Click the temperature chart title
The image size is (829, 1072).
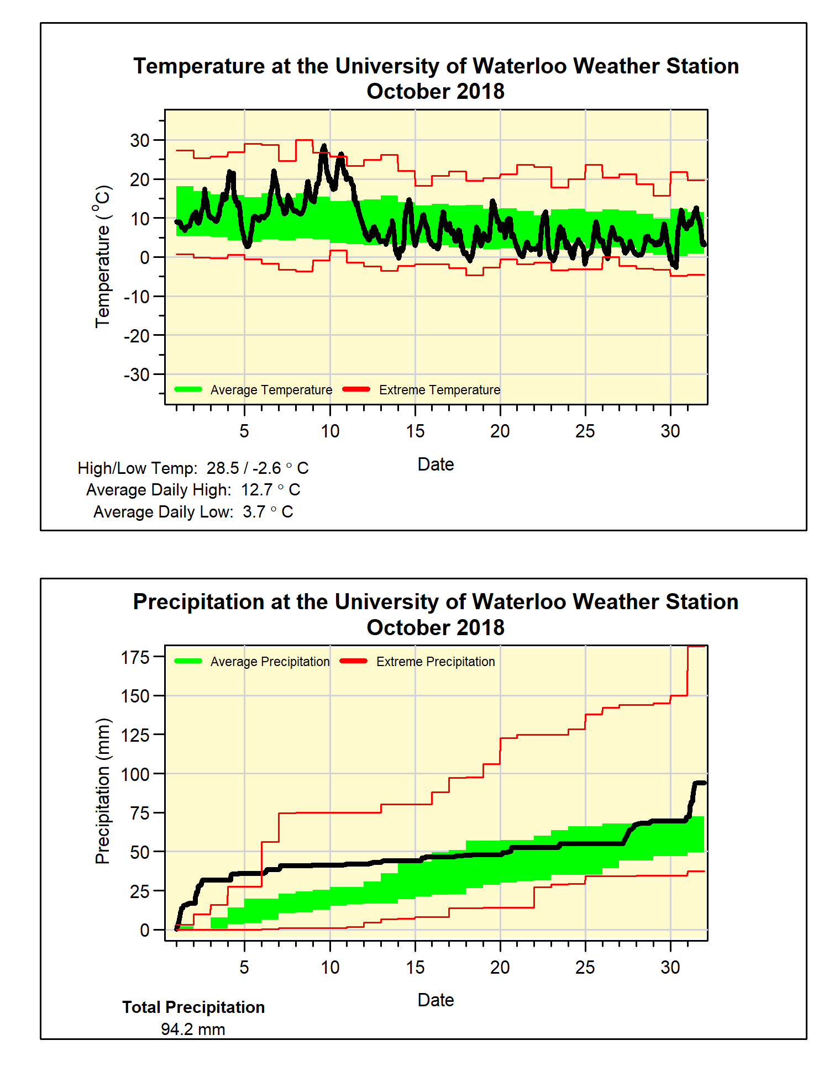pyautogui.click(x=436, y=78)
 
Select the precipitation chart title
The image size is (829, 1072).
pyautogui.click(x=436, y=614)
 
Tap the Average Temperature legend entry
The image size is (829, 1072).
pyautogui.click(x=271, y=390)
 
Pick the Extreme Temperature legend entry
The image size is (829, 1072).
pyautogui.click(x=439, y=390)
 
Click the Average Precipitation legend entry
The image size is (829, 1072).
pyautogui.click(x=270, y=662)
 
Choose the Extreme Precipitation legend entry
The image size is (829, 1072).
pyautogui.click(x=436, y=662)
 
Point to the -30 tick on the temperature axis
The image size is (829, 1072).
pyautogui.click(x=137, y=374)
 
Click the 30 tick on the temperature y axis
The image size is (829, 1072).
pyautogui.click(x=140, y=140)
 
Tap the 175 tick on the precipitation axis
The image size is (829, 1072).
pyautogui.click(x=135, y=657)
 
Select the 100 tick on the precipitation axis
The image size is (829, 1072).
pyautogui.click(x=135, y=774)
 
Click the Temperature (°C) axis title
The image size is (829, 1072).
pyautogui.click(x=103, y=256)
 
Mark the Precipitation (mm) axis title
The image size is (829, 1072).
pyautogui.click(x=103, y=791)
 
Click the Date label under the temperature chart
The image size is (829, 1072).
pyautogui.click(x=436, y=464)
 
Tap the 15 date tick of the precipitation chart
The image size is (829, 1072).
pyautogui.click(x=415, y=967)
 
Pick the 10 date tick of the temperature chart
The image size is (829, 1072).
pyautogui.click(x=330, y=431)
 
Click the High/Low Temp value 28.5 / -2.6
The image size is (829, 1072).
pyautogui.click(x=257, y=468)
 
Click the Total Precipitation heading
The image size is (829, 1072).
pyautogui.click(x=193, y=1007)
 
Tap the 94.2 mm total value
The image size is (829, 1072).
pyautogui.click(x=193, y=1029)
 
